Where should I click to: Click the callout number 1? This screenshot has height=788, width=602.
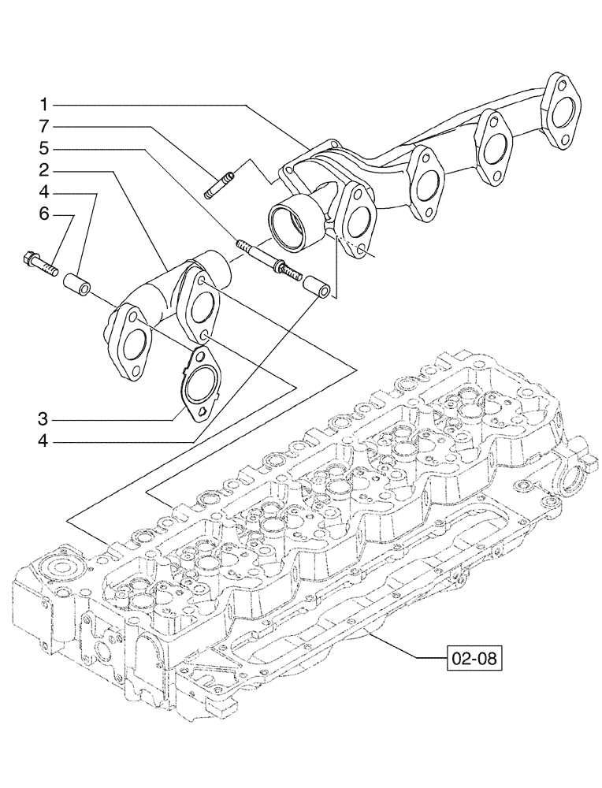tap(46, 104)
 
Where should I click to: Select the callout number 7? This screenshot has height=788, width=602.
tap(46, 125)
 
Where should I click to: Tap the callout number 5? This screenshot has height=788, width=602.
tap(46, 147)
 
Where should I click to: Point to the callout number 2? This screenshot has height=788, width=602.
tap(46, 169)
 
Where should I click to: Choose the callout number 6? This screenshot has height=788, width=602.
tap(46, 214)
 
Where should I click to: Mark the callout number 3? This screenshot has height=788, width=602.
tap(46, 419)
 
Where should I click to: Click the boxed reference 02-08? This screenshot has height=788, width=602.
tap(473, 657)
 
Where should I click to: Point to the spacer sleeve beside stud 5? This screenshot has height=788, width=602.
tap(318, 286)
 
